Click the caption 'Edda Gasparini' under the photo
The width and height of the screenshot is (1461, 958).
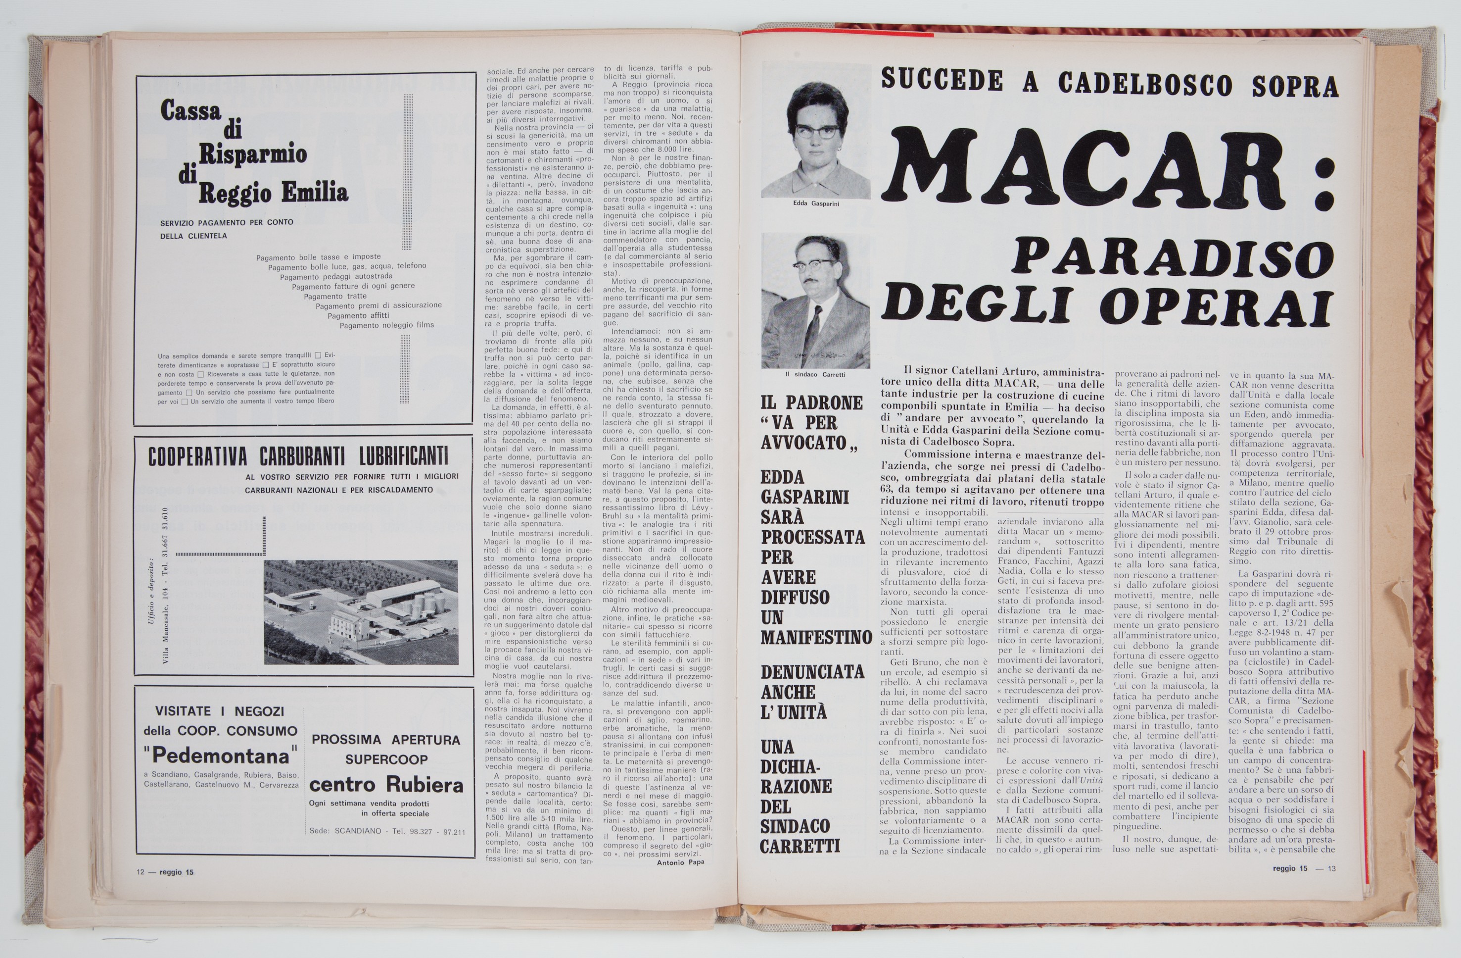coord(815,203)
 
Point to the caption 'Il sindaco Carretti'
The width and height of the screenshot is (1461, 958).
coord(815,374)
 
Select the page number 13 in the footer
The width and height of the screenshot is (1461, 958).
coord(1331,868)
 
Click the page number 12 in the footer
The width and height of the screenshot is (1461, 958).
coord(141,871)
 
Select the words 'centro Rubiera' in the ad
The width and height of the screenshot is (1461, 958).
coord(385,785)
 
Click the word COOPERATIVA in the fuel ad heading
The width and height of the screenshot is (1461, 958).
coord(197,457)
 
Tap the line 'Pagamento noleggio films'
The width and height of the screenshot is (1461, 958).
coord(387,325)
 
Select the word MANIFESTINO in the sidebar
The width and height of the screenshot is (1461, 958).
coord(816,638)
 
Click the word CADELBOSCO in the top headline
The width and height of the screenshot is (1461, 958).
coord(1145,84)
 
